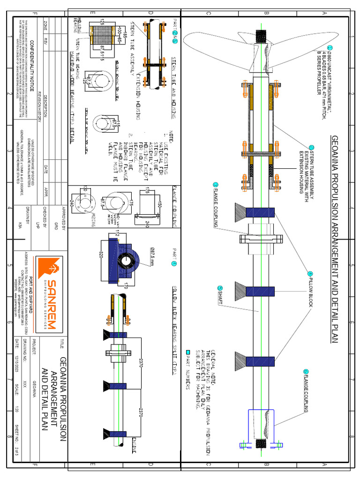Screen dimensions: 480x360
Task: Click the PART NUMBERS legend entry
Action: coord(188,370)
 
